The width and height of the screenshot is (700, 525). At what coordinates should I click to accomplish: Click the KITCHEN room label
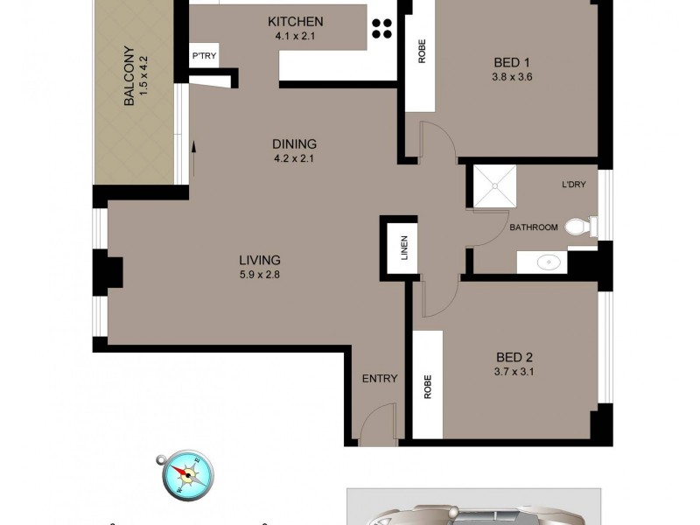pos(295,22)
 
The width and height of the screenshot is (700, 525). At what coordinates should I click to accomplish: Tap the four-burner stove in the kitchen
pos(382,28)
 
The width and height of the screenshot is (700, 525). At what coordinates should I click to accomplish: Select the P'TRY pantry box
pos(204,57)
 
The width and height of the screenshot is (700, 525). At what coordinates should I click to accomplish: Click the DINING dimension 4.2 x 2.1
pos(294,159)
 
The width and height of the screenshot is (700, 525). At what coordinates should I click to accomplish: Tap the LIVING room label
pos(260,260)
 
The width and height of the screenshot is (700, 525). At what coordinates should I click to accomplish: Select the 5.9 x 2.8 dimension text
pos(260,275)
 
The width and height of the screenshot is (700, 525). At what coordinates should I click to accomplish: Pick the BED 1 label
pos(513,61)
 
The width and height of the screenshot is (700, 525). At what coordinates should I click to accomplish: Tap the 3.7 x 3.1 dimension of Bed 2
pos(514,372)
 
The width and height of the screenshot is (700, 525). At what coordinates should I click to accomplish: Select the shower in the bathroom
pos(495,186)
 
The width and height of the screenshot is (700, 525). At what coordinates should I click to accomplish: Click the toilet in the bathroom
pos(578,227)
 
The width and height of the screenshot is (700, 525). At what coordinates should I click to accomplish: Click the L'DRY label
pos(575,185)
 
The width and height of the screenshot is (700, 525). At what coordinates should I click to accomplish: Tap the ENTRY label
pos(380,379)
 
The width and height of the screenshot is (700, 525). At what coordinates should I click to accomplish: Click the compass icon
pos(184,473)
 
